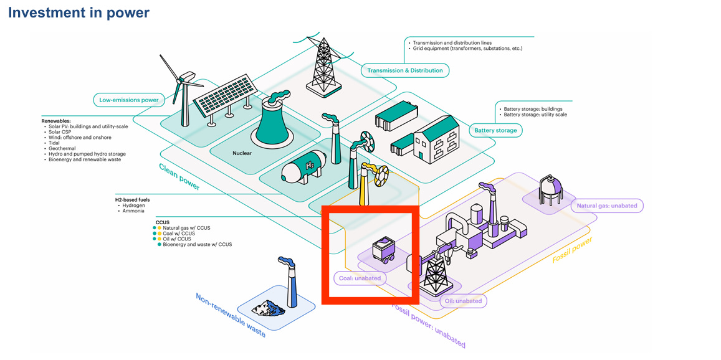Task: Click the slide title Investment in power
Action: (79, 12)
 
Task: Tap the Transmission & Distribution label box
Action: (404, 70)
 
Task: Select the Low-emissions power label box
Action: (129, 99)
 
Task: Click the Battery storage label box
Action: (495, 130)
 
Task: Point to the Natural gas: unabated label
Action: (607, 206)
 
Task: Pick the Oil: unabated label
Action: (463, 301)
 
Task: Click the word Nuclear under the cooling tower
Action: (242, 154)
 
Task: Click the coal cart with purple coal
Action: (383, 250)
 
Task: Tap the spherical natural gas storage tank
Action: (550, 189)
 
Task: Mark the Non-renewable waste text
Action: (231, 315)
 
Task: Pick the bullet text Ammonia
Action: (133, 211)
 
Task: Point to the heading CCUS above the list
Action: (163, 222)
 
